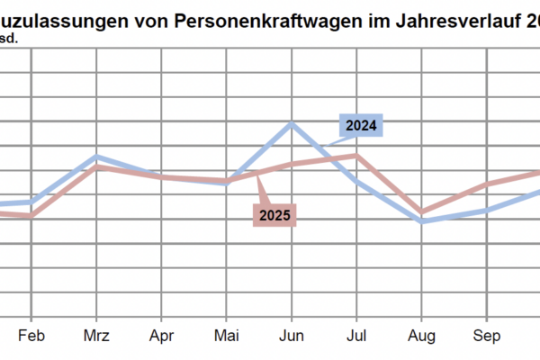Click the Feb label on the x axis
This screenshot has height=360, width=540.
(31, 337)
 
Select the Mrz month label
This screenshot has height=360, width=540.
(96, 337)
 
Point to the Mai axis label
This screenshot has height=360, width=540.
(226, 337)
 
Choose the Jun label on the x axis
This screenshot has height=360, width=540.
(291, 337)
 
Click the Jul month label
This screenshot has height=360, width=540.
(355, 337)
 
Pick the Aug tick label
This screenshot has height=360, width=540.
(420, 337)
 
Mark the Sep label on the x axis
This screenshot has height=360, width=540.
(486, 337)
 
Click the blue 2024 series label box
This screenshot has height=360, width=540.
(362, 125)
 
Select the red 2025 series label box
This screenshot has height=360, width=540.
(274, 215)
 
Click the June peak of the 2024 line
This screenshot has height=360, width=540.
(291, 123)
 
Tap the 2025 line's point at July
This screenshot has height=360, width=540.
(355, 155)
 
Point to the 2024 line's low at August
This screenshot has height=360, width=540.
(420, 220)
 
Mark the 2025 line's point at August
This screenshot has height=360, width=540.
(420, 212)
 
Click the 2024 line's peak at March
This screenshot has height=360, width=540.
(96, 157)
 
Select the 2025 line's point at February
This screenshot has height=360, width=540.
(31, 216)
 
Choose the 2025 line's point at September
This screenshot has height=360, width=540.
(486, 184)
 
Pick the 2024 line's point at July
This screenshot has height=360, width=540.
(355, 181)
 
